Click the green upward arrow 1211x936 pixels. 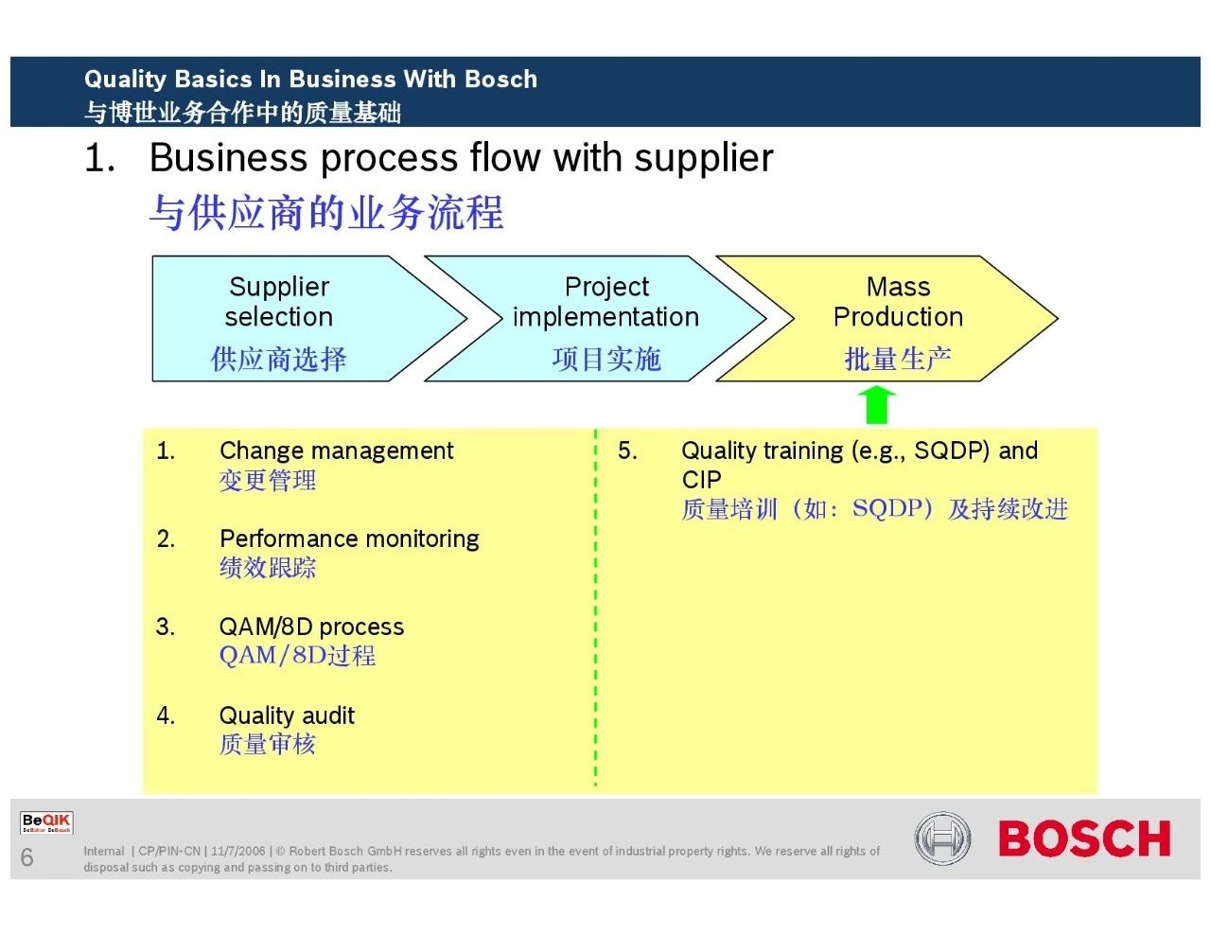tap(879, 404)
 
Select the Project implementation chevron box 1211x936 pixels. tap(605, 319)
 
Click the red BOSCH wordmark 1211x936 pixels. tap(1084, 839)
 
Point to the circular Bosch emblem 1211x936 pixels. tap(942, 839)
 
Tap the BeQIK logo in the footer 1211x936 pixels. tap(46, 822)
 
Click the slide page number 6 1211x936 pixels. tap(26, 857)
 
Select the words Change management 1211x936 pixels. tap(336, 450)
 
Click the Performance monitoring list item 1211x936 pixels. tap(349, 539)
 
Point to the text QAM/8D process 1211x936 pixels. tap(311, 627)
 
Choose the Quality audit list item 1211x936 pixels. tap(287, 715)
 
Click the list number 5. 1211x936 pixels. tap(627, 450)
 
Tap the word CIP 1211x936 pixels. tap(701, 480)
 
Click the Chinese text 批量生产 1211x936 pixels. tap(897, 360)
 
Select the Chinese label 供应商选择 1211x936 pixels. tap(278, 360)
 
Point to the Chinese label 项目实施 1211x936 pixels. tap(605, 360)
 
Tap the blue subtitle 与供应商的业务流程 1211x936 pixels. tap(326, 212)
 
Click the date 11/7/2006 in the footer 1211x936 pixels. tap(238, 852)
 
